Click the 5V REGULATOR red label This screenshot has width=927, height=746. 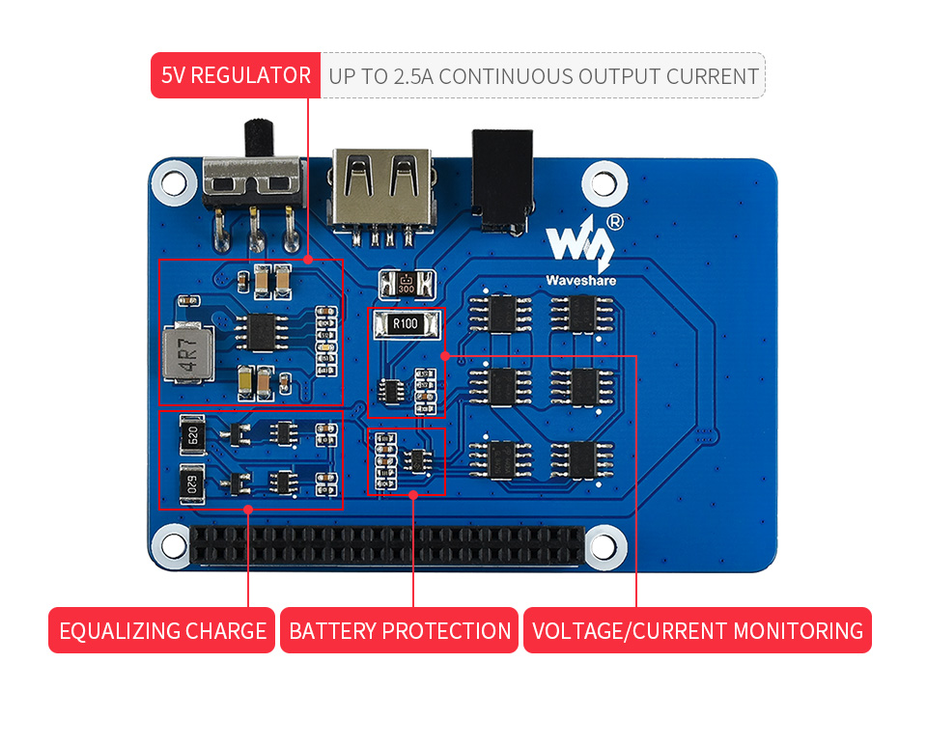(x=236, y=75)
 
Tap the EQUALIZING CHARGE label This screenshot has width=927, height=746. (x=162, y=631)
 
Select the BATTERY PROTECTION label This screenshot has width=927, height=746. (x=400, y=631)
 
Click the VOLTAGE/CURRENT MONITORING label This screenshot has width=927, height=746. (x=697, y=631)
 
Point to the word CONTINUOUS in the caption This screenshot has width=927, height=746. (x=503, y=76)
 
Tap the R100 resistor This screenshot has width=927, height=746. (x=406, y=324)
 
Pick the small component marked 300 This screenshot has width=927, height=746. (x=407, y=285)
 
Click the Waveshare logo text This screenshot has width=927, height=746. (x=579, y=281)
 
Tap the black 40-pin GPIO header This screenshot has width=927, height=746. (x=386, y=546)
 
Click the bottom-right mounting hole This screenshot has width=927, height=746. (x=604, y=545)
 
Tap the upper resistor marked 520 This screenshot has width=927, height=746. (x=192, y=436)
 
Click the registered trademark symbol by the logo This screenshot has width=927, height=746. (x=614, y=221)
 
